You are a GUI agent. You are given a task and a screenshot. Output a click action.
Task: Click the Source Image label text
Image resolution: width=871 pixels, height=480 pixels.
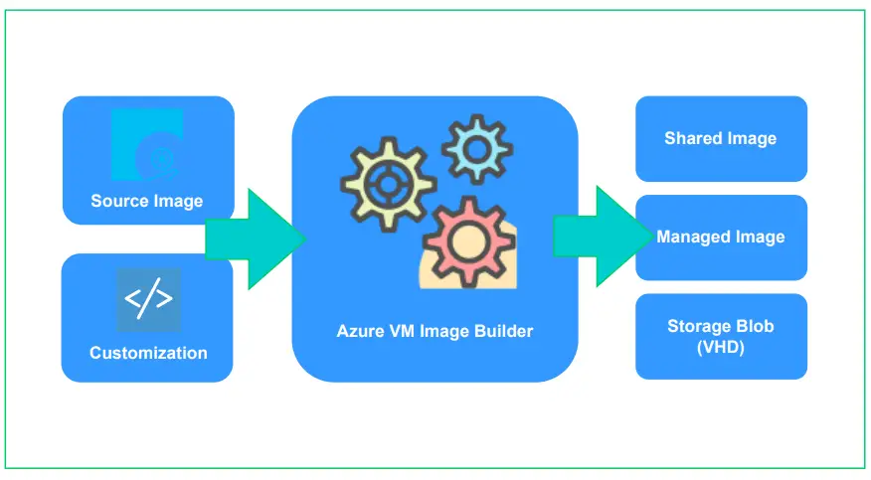click(146, 201)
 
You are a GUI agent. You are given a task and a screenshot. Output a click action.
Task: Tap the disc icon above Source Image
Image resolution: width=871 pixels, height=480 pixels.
click(147, 144)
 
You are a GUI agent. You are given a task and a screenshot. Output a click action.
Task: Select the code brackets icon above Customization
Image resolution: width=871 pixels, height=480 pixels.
click(148, 300)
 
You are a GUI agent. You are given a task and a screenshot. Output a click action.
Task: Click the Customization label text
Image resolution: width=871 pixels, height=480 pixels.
click(148, 353)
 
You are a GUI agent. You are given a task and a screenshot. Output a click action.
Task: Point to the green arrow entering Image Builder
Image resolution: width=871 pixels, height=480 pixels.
click(256, 240)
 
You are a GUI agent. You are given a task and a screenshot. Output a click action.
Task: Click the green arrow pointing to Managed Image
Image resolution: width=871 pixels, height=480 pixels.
click(604, 237)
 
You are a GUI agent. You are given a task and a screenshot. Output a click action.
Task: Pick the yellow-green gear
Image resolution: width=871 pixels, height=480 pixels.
click(389, 184)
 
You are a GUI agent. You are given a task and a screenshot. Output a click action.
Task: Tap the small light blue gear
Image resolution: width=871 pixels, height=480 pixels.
click(477, 149)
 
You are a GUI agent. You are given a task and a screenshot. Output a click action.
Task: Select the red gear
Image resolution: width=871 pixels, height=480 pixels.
click(468, 242)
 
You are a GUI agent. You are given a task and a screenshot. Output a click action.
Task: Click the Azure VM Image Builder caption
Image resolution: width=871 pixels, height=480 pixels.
click(435, 331)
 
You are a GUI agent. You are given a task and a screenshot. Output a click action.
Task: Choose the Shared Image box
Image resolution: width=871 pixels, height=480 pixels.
click(721, 139)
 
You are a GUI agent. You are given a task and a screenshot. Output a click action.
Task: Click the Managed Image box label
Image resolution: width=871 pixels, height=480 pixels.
click(721, 237)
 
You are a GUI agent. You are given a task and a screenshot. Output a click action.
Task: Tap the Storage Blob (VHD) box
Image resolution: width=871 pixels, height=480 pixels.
click(721, 336)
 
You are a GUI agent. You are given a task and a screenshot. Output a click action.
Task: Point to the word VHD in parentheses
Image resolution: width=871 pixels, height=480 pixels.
click(721, 348)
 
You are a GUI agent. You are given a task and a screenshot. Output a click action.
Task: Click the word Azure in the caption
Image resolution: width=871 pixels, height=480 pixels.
click(360, 331)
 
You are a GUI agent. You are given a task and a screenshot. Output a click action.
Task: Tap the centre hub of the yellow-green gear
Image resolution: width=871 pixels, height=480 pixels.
click(389, 184)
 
